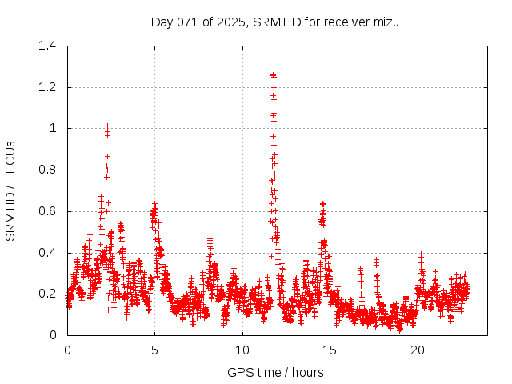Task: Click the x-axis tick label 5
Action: point(155,350)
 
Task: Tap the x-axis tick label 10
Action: point(242,350)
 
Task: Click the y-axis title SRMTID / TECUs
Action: point(11,190)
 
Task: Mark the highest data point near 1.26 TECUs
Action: point(273,75)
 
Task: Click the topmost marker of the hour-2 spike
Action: point(107,126)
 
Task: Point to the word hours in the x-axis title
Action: point(307,372)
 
